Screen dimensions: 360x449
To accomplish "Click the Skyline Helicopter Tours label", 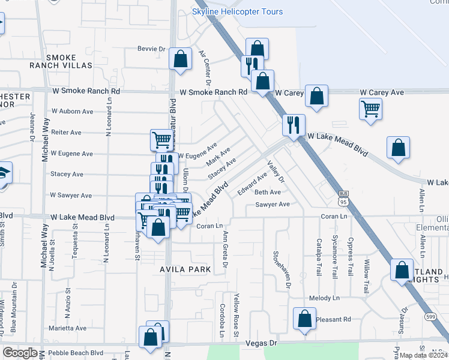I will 237,12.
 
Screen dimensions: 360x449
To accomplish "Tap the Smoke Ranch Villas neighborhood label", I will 61,61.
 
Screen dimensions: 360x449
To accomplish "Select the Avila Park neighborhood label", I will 185,269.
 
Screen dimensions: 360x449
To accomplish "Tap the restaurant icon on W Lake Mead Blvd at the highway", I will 294,125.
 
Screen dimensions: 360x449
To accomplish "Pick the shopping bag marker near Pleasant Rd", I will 304,319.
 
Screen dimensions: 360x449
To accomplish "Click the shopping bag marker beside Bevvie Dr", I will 180,59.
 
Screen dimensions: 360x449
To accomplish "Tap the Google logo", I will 20,353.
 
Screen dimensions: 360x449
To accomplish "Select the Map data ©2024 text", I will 424,355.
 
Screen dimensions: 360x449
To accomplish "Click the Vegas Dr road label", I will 262,343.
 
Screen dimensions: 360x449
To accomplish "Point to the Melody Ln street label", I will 324,298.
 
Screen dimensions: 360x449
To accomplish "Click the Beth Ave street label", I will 267,192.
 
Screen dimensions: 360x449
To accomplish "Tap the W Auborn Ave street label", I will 72,111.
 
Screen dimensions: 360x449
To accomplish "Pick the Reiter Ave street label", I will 66,132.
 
